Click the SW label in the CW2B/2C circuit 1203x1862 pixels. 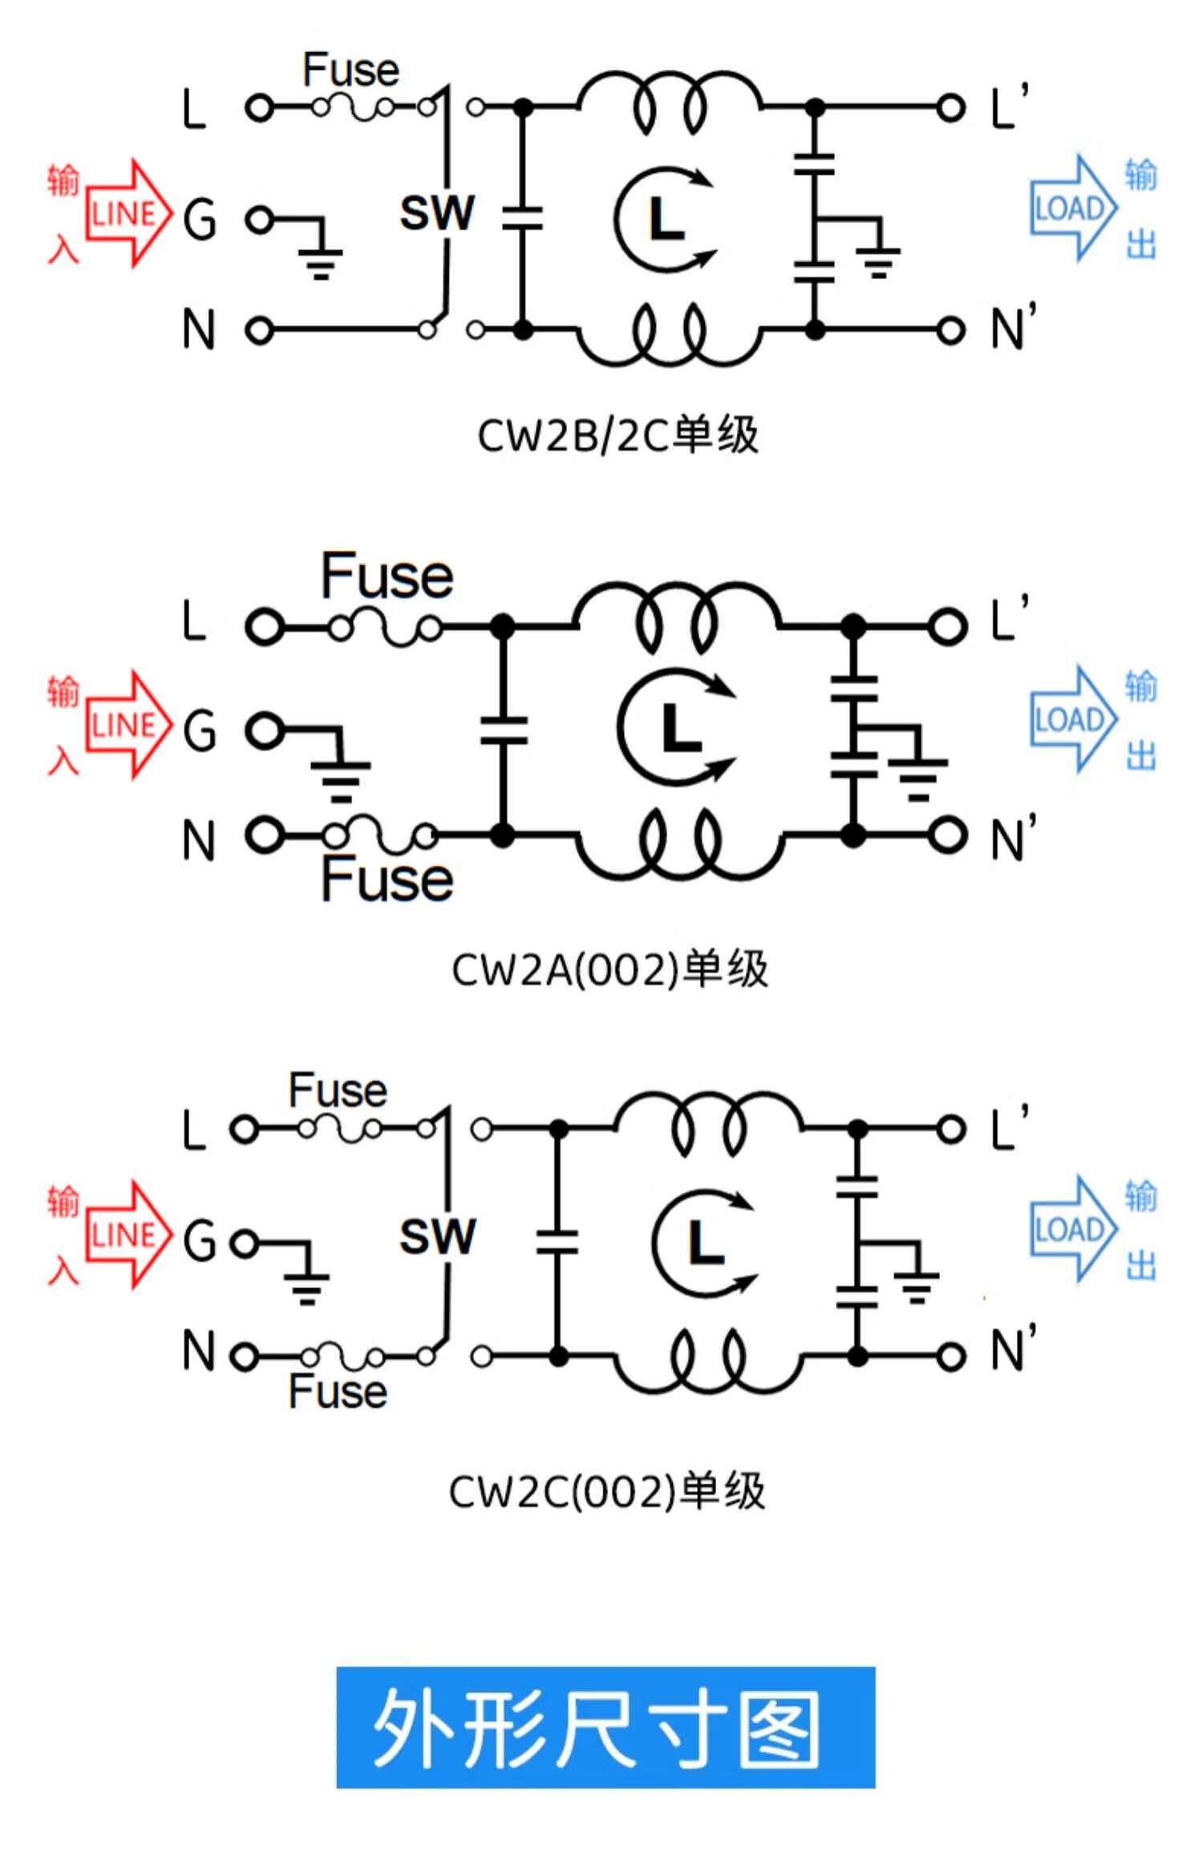click(437, 213)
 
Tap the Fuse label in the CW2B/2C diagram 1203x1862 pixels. click(350, 71)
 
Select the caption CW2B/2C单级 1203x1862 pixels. click(618, 436)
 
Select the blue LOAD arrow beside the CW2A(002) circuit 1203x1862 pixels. click(1071, 719)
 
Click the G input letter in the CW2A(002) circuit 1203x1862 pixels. click(199, 731)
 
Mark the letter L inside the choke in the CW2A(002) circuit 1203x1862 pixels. click(680, 729)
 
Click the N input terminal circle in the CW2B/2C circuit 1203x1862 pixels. click(259, 330)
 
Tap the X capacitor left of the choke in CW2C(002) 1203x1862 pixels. click(558, 1242)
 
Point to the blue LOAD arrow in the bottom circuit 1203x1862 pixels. click(1071, 1229)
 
